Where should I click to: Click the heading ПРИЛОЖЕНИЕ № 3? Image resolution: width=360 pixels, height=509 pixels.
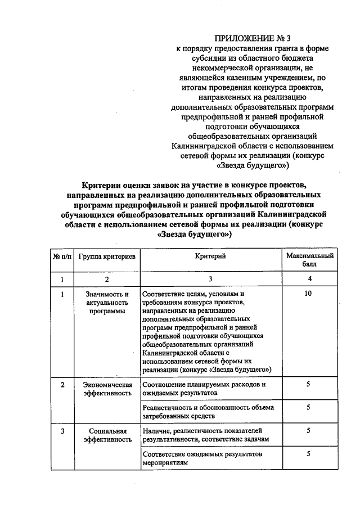[x=250, y=39]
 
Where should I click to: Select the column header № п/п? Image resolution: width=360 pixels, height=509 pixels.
[x=62, y=256]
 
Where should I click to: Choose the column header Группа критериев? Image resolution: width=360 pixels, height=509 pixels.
[x=107, y=256]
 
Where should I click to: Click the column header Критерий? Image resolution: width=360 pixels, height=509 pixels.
[x=210, y=256]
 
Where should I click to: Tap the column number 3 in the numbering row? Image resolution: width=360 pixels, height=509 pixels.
[x=210, y=278]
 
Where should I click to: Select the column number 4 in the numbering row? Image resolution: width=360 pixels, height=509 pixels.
[x=309, y=278]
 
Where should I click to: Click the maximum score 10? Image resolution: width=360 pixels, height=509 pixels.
[x=309, y=294]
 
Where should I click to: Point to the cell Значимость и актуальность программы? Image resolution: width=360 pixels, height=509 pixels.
[x=107, y=303]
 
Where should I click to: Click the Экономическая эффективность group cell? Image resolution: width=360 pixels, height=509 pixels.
[x=107, y=389]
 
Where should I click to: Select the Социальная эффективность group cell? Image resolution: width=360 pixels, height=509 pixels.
[x=107, y=435]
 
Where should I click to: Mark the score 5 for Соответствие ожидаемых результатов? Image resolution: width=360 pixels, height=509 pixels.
[x=309, y=453]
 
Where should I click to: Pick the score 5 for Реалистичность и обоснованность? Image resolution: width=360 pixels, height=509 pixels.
[x=309, y=407]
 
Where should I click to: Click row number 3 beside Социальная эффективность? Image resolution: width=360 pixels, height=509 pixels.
[x=62, y=430]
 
